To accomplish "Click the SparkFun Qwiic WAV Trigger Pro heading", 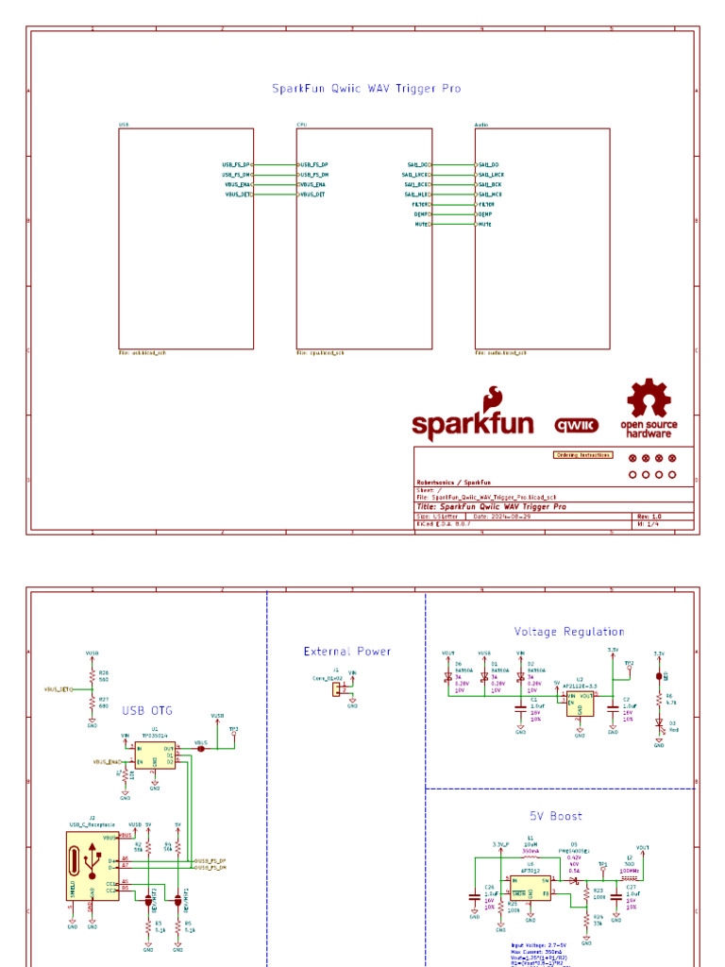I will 366,89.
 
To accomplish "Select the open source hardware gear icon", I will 649,399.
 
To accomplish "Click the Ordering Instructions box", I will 582,455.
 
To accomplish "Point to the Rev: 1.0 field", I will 650,517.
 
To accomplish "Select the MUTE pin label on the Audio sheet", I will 486,225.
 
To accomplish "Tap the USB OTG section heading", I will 146,710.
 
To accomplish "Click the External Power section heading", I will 347,652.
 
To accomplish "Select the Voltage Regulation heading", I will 569,632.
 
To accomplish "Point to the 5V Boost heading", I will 555,816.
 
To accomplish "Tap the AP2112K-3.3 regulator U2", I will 580,701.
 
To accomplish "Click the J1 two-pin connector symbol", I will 334,689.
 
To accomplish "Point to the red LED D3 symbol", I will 659,721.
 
